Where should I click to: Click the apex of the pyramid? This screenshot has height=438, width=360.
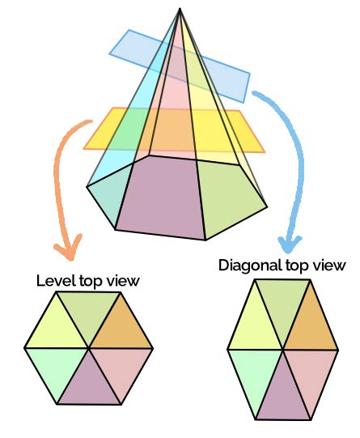click(177, 9)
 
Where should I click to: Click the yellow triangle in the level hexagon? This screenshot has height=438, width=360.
click(57, 325)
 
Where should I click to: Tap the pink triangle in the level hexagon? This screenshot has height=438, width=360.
click(121, 372)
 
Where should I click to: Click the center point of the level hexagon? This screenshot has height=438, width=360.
click(89, 347)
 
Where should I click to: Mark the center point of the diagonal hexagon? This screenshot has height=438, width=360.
click(282, 349)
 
